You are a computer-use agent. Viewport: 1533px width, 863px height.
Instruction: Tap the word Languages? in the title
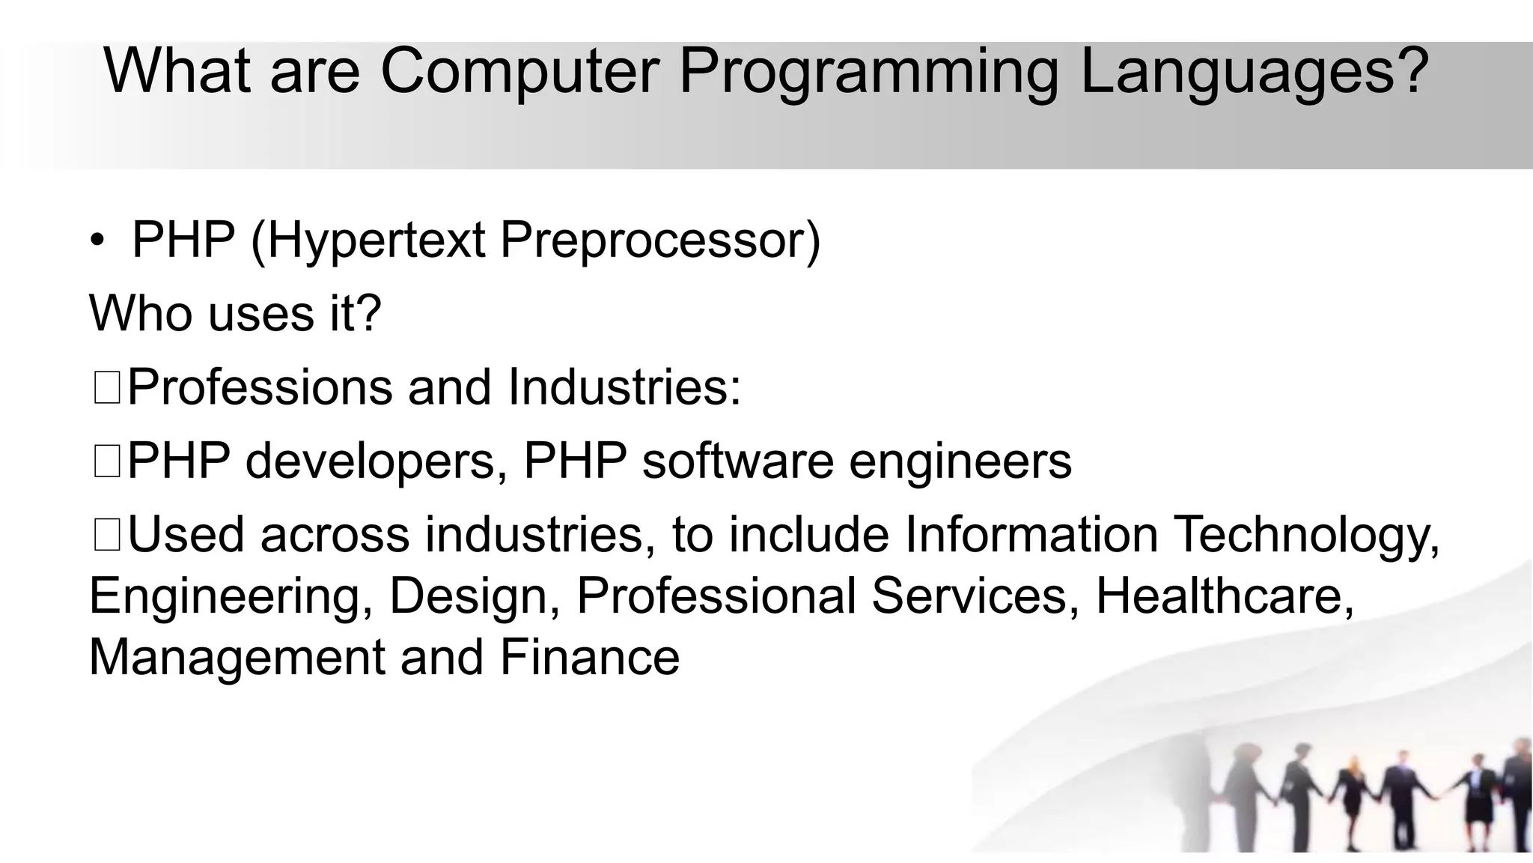[1255, 73]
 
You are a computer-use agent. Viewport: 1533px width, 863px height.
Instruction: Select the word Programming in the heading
[868, 73]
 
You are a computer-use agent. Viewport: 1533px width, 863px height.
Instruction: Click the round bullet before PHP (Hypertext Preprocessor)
[97, 240]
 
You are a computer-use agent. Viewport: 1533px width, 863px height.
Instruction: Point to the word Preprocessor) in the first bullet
[659, 241]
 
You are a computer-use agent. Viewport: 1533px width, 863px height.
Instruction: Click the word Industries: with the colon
[624, 387]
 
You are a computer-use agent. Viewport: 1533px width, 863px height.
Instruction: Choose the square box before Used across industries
[107, 536]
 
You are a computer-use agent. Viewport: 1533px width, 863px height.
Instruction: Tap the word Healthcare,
[1225, 596]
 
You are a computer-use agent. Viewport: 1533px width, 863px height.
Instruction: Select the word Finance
[590, 657]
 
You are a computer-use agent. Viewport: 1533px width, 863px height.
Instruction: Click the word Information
[1031, 535]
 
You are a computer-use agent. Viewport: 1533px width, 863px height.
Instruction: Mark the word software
[737, 461]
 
